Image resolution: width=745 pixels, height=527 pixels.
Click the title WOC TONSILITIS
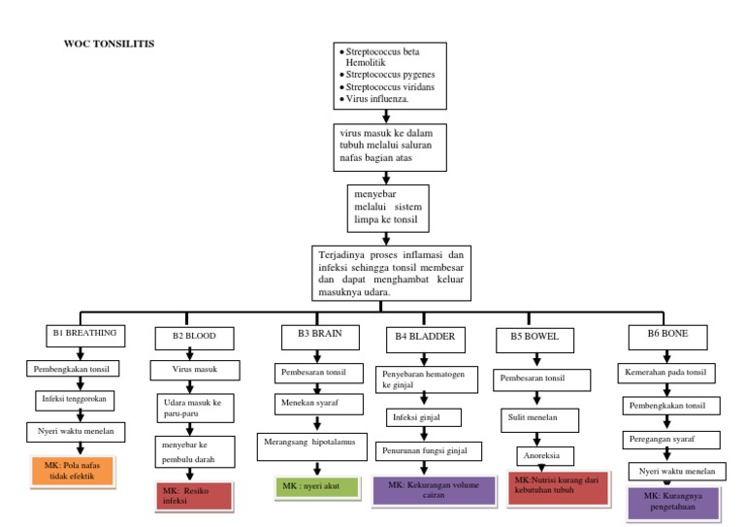point(109,45)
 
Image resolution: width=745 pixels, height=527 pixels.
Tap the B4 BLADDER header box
point(425,337)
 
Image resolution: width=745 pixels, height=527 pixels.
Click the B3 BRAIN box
point(312,335)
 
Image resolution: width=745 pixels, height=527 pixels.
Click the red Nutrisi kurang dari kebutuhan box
point(557,487)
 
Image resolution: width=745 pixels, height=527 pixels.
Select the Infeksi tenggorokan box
point(77,400)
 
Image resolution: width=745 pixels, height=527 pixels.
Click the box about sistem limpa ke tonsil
point(387,208)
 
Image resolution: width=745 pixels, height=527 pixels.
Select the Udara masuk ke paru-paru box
point(195,407)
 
